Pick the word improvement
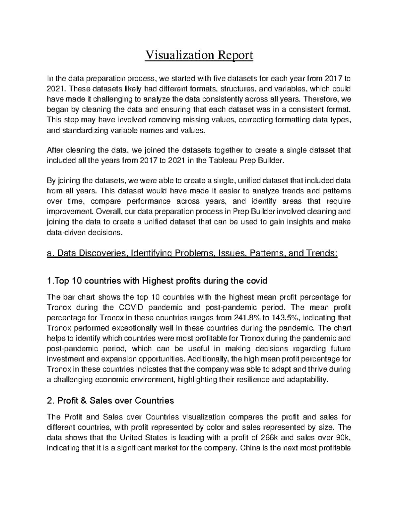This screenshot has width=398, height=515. point(66,212)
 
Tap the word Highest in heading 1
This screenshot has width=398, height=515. point(158,281)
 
